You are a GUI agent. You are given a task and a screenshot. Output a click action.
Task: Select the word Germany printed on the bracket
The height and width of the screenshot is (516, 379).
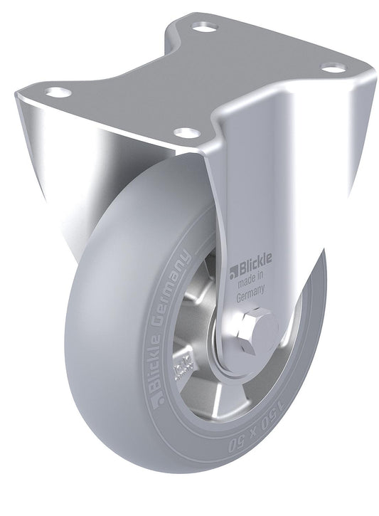(x=250, y=290)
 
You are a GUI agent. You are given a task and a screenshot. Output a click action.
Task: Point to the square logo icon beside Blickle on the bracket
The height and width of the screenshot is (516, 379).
(x=232, y=269)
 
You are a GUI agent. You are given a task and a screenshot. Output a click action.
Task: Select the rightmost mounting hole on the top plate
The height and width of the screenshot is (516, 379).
(x=333, y=68)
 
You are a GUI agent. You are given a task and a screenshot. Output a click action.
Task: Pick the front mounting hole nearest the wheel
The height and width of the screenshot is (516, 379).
(x=186, y=132)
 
